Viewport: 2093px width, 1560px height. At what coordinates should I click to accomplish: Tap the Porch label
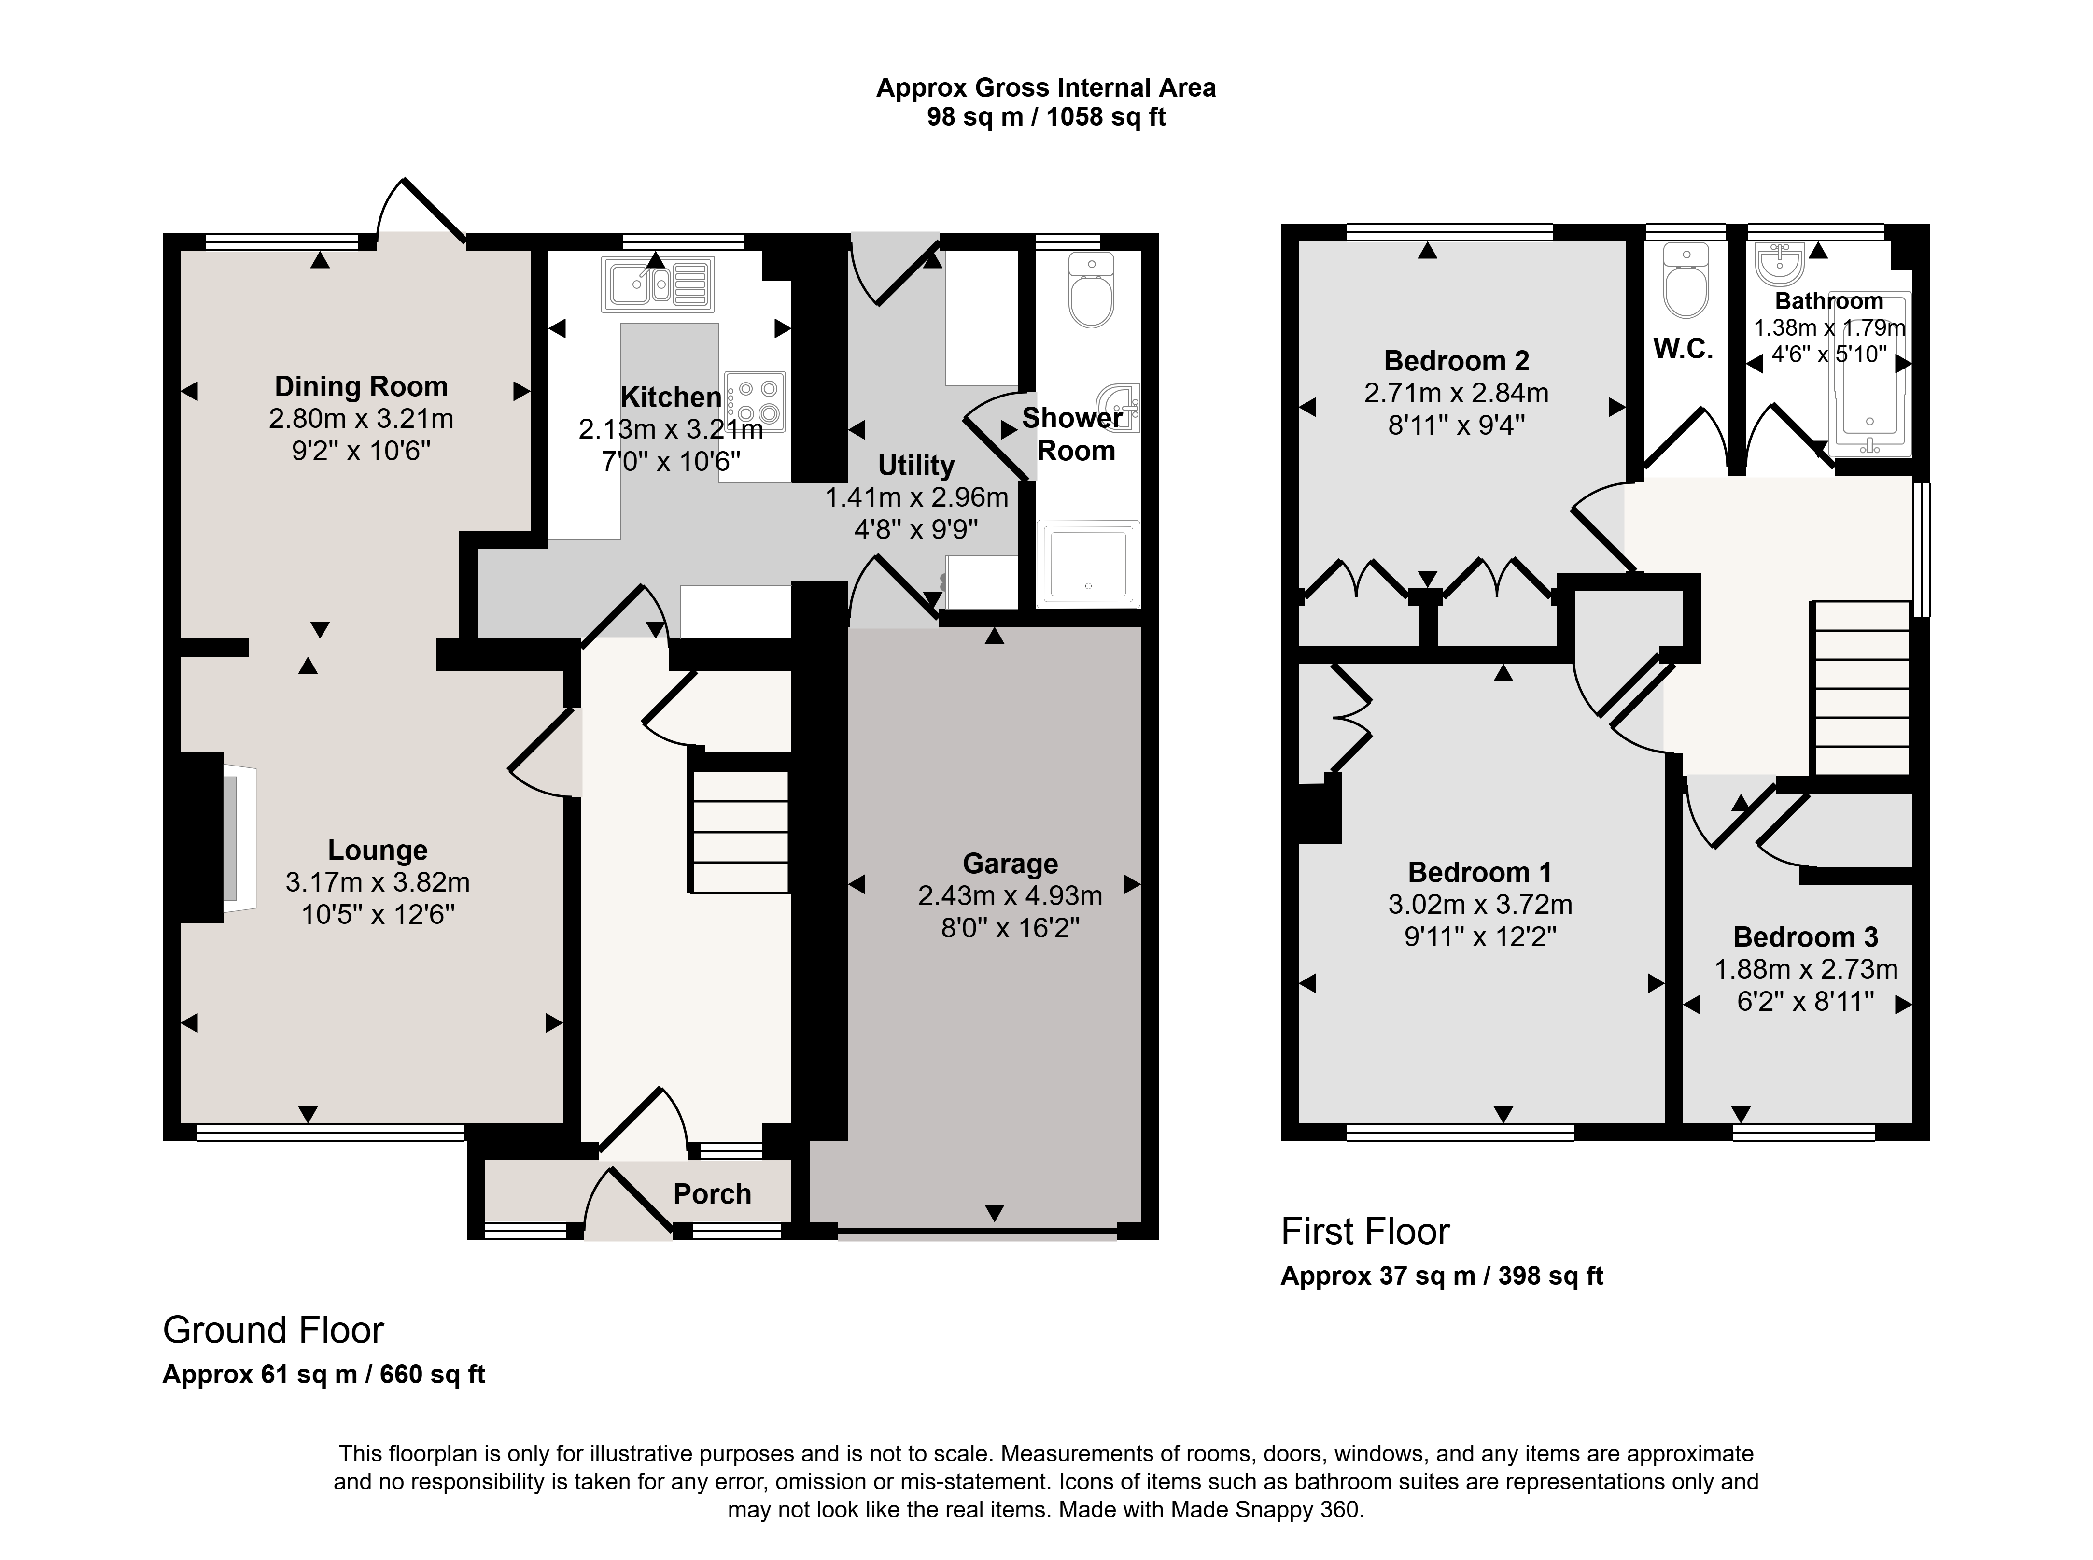click(712, 1193)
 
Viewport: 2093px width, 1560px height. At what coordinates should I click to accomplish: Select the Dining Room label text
click(361, 386)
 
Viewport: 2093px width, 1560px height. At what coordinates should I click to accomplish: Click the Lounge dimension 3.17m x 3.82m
click(378, 882)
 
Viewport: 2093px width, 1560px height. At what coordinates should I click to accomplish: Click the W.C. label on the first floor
click(1683, 349)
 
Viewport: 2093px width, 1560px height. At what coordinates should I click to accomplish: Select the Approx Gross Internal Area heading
click(1046, 88)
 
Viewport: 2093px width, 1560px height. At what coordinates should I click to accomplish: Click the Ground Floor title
click(273, 1330)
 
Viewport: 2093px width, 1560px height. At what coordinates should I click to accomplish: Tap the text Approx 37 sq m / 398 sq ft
click(1442, 1276)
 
